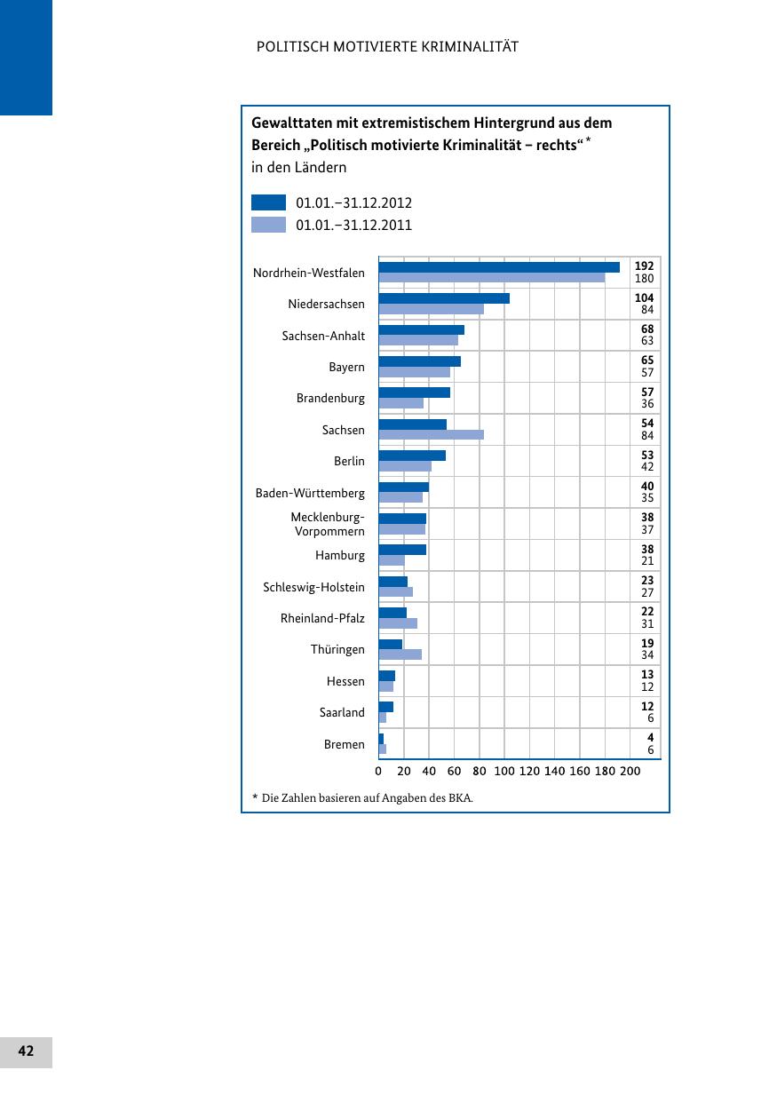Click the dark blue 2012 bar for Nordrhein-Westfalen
(499, 267)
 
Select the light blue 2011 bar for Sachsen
(431, 435)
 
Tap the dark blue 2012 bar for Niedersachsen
(444, 298)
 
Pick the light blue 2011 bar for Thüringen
(400, 654)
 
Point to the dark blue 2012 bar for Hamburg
(402, 550)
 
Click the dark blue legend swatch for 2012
(268, 202)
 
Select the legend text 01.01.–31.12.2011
(353, 226)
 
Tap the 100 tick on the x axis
(504, 771)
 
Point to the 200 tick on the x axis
(630, 771)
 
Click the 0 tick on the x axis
(378, 771)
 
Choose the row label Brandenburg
(330, 399)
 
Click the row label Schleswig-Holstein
(313, 587)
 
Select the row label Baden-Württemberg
(310, 493)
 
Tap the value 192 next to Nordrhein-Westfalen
(645, 266)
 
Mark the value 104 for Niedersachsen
(645, 297)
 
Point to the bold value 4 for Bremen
(650, 738)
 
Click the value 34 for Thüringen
(647, 655)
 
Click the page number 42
(26, 1051)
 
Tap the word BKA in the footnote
(460, 797)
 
